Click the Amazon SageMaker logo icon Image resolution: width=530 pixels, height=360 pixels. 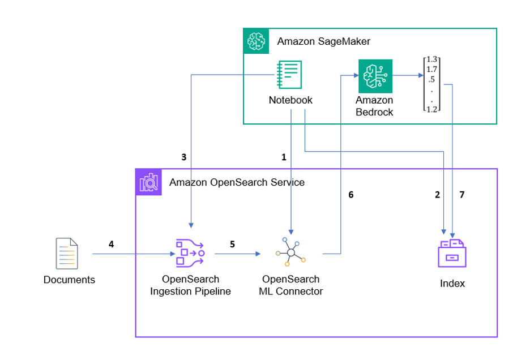tap(256, 41)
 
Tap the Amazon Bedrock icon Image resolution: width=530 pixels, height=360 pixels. tap(375, 76)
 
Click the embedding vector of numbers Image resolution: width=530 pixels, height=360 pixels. tap(432, 84)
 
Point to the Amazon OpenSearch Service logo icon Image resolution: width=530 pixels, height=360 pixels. tap(148, 182)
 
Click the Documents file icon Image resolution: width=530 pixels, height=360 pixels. tap(67, 254)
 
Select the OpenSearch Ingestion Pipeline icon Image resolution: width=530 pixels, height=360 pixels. tap(190, 253)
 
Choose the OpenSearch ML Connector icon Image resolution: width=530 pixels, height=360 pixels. tap(290, 252)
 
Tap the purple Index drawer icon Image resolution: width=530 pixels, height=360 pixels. tap(452, 252)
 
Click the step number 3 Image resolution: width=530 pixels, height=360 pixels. tap(183, 157)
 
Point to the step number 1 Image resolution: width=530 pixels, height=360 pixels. tap(284, 157)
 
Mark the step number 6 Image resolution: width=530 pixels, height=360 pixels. tap(351, 195)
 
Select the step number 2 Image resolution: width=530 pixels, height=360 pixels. tap(437, 195)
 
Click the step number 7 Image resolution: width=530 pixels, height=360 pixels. tap(462, 195)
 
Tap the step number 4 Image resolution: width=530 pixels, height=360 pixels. tap(111, 244)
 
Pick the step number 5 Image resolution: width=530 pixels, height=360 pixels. tap(232, 244)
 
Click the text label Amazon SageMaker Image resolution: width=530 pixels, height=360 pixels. tap(323, 42)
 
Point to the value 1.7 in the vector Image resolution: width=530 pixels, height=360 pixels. tap(432, 69)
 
